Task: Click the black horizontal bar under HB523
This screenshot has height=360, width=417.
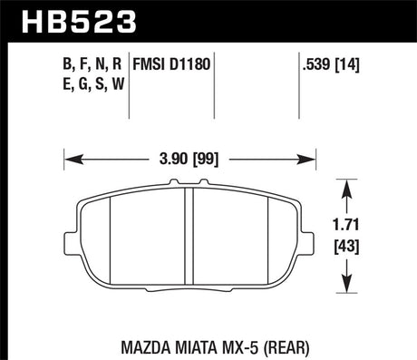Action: coord(208,41)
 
